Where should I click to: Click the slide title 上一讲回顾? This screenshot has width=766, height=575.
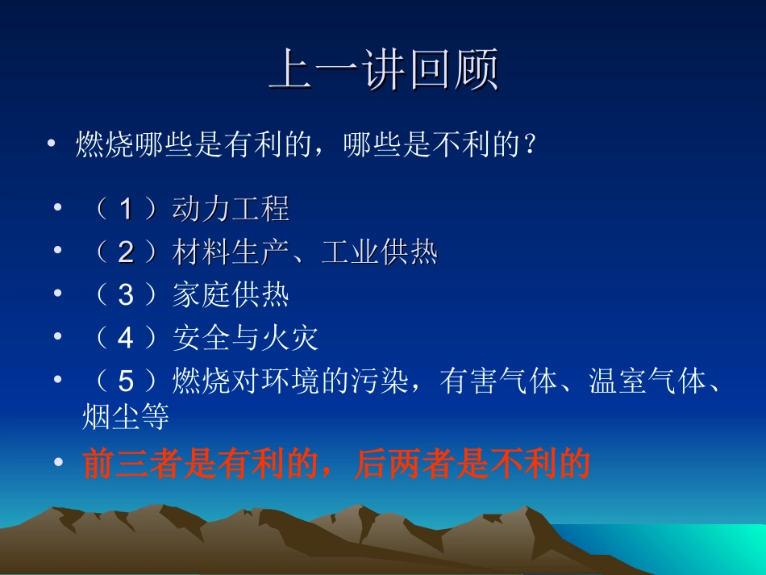pyautogui.click(x=383, y=71)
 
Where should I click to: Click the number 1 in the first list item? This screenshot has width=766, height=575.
pyautogui.click(x=125, y=210)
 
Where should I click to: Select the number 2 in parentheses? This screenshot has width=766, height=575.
pyautogui.click(x=125, y=253)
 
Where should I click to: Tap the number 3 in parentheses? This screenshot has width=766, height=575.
pyautogui.click(x=125, y=296)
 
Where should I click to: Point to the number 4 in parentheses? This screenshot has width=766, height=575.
pyautogui.click(x=125, y=339)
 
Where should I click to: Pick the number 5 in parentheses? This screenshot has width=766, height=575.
pyautogui.click(x=125, y=381)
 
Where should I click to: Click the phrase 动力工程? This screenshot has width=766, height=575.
pyautogui.click(x=231, y=210)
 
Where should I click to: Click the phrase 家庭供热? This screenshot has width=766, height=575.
pyautogui.click(x=231, y=296)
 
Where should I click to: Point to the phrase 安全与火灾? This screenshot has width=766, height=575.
pyautogui.click(x=246, y=339)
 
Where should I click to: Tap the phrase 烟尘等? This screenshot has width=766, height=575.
pyautogui.click(x=126, y=418)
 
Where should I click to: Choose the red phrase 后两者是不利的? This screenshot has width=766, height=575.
pyautogui.click(x=472, y=465)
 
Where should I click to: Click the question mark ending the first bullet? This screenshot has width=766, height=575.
pyautogui.click(x=530, y=146)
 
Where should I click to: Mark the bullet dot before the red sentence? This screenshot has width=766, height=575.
pyautogui.click(x=57, y=463)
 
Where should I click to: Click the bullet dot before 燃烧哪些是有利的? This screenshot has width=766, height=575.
pyautogui.click(x=52, y=144)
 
